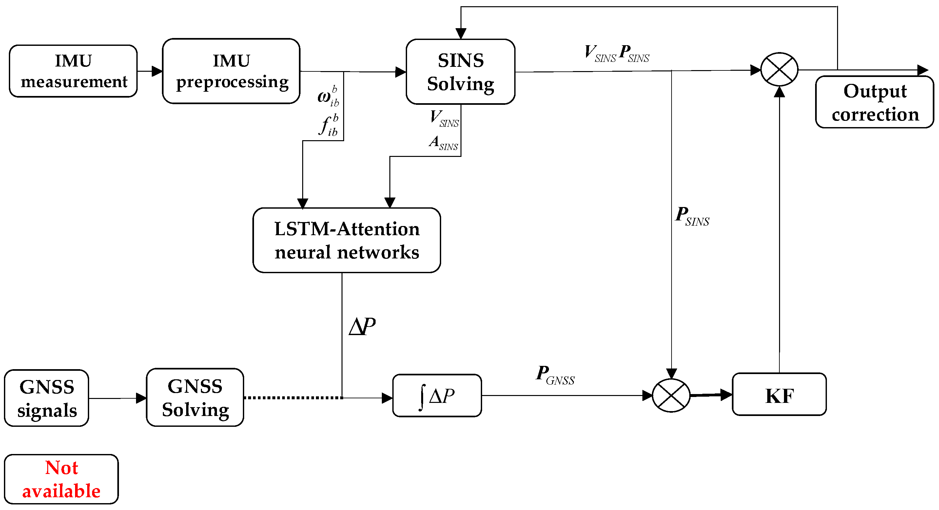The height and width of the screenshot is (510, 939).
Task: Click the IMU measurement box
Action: click(73, 71)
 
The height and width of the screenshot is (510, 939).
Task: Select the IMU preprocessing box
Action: click(231, 71)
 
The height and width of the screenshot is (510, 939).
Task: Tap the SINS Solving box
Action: click(460, 72)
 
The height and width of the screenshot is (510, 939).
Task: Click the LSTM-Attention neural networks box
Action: click(346, 240)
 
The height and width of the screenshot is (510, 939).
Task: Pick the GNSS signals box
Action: click(47, 398)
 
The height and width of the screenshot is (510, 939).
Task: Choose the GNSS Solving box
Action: click(195, 398)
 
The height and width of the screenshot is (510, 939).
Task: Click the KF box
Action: click(779, 394)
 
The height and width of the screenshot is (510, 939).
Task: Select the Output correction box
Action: click(874, 103)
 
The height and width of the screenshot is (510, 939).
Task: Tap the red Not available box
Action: click(61, 480)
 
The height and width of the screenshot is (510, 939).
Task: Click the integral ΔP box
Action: click(437, 396)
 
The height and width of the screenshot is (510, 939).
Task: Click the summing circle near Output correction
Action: click(779, 69)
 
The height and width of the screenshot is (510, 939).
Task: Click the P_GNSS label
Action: click(555, 375)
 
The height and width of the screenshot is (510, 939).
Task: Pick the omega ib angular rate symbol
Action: click(328, 97)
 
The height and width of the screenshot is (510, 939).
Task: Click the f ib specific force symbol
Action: click(328, 125)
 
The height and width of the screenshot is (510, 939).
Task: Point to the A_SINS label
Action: click(443, 143)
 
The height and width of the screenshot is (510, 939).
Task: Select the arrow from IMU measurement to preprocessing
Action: click(150, 71)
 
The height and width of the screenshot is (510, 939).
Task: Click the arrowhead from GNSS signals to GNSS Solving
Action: click(142, 398)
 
